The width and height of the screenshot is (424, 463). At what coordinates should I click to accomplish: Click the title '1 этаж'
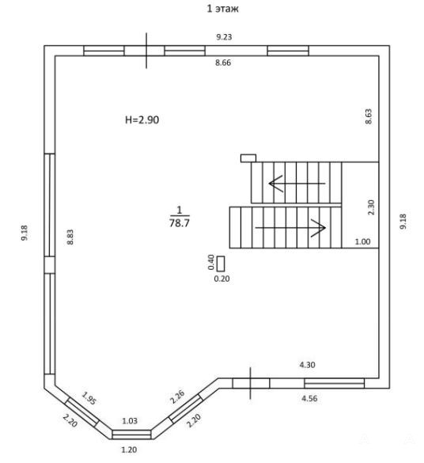223,9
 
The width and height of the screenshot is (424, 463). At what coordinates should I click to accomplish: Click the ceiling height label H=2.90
142,120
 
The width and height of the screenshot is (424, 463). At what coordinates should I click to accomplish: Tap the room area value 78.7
180,223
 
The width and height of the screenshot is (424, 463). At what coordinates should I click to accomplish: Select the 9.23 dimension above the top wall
224,37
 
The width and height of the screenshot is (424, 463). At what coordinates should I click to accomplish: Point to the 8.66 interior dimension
223,63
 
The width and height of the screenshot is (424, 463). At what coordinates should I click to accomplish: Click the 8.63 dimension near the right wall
369,116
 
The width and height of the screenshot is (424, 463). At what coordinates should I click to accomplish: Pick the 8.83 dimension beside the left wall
70,237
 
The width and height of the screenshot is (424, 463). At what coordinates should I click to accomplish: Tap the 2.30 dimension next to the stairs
371,207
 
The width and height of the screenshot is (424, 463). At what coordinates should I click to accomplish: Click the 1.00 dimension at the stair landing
362,242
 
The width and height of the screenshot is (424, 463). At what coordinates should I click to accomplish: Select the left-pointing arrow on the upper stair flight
297,184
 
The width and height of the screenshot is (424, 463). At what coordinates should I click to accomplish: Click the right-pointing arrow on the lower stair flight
290,228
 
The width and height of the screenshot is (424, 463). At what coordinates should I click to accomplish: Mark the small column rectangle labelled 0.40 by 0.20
221,264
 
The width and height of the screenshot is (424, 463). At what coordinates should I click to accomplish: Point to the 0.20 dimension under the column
221,279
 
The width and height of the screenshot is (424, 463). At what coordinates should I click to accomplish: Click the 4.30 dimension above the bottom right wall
308,365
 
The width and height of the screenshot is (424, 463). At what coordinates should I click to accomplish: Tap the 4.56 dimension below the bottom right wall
309,399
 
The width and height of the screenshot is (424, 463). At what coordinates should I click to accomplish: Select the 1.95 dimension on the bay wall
89,398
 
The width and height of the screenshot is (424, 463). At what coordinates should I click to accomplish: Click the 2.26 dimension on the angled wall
177,397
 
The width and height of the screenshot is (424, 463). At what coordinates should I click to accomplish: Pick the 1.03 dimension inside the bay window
130,421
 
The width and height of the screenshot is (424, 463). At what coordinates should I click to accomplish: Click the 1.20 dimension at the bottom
129,450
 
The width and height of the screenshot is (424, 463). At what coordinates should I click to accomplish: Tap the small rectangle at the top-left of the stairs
248,158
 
